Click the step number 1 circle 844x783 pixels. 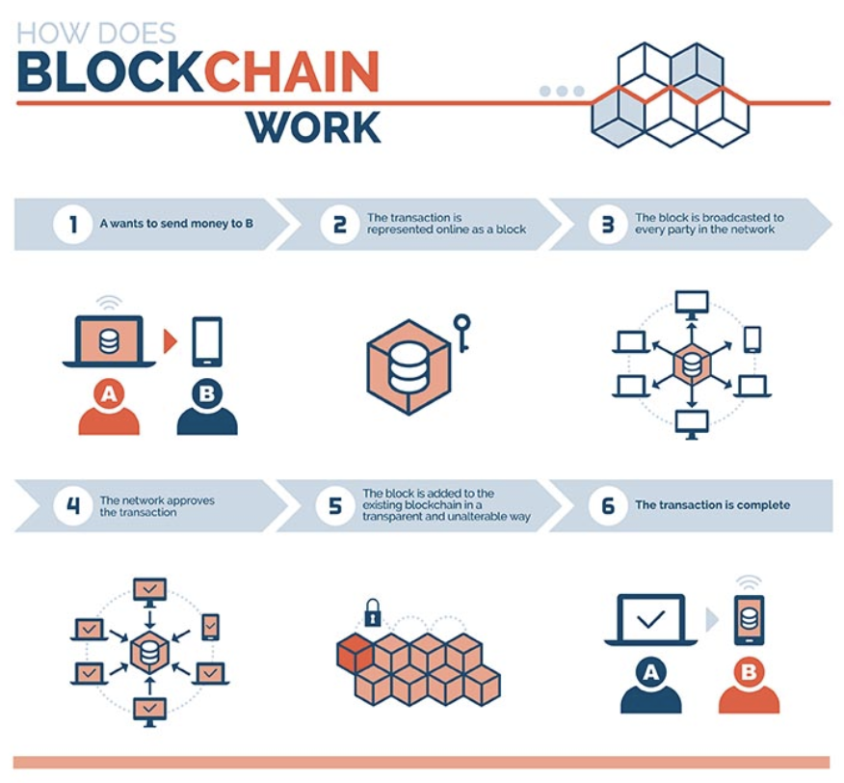pyautogui.click(x=72, y=225)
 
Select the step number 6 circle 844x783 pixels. pyautogui.click(x=607, y=506)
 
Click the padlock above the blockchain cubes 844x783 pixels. pyautogui.click(x=372, y=612)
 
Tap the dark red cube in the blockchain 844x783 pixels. pyautogui.click(x=354, y=654)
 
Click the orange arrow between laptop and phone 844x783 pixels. pyautogui.click(x=171, y=340)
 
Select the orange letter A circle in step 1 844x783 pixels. pyautogui.click(x=109, y=393)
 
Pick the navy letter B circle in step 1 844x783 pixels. pyautogui.click(x=206, y=393)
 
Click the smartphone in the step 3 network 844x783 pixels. pyautogui.click(x=752, y=338)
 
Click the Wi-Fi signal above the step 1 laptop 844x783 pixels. pyautogui.click(x=109, y=301)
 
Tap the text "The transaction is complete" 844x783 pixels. pyautogui.click(x=712, y=505)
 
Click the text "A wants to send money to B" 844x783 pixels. pyautogui.click(x=176, y=225)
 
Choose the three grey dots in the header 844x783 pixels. pyautogui.click(x=562, y=91)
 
